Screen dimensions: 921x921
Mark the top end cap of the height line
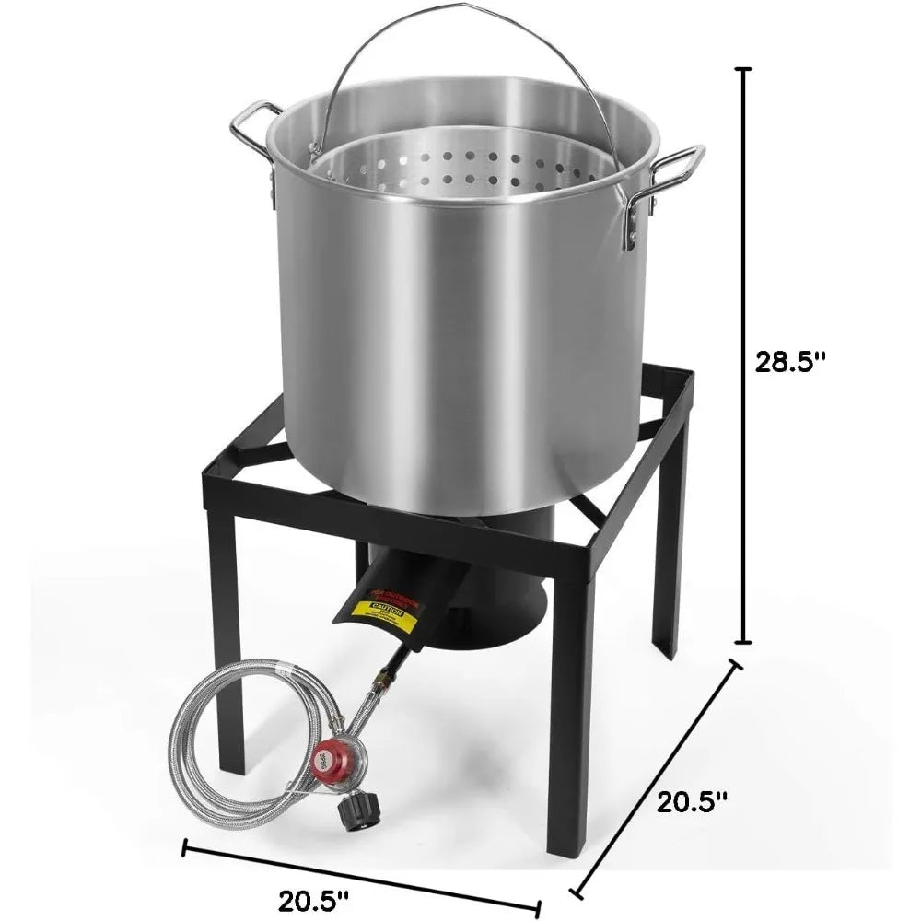pos(744,70)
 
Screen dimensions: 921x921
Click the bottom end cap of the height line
pos(744,644)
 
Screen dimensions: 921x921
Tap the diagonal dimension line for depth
pos(656,778)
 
